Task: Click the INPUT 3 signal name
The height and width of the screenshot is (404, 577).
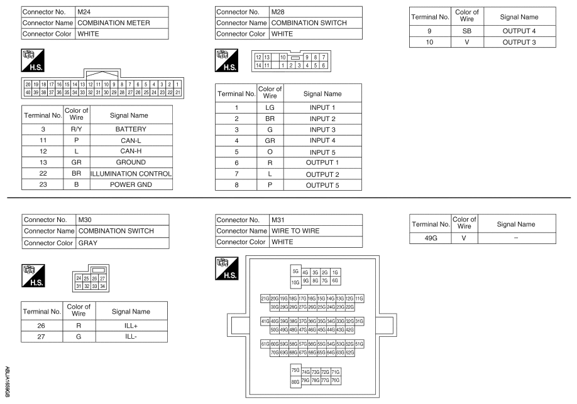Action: (322, 129)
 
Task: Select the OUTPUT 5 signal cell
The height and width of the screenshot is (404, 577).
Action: (322, 185)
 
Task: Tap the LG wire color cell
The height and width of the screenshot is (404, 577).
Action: (269, 107)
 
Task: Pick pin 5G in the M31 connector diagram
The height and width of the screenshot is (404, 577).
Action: (295, 272)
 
